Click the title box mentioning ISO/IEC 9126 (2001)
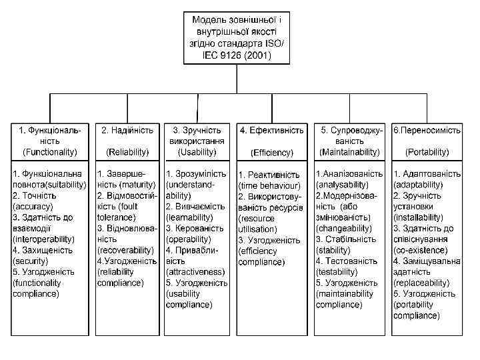(237, 37)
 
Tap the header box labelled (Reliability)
(127, 141)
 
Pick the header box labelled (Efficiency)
(272, 141)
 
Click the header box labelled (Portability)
(427, 141)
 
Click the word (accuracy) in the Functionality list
(33, 207)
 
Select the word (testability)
(338, 271)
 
